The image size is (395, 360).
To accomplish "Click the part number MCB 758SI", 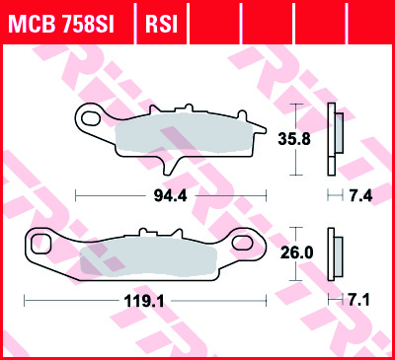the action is click(61, 24).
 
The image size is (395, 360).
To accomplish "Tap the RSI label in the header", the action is click(161, 24).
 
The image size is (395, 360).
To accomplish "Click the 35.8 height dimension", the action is click(294, 139).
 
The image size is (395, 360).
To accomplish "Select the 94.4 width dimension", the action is click(170, 196).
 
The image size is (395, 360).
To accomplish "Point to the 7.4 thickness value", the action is click(360, 196).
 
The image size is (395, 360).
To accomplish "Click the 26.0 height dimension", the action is click(296, 252).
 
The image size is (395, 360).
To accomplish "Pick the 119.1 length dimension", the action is click(144, 301).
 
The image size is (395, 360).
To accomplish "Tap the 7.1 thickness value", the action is click(358, 300).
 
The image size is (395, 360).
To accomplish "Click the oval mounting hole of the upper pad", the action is click(92, 118).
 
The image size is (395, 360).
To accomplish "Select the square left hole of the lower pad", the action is click(40, 244).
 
